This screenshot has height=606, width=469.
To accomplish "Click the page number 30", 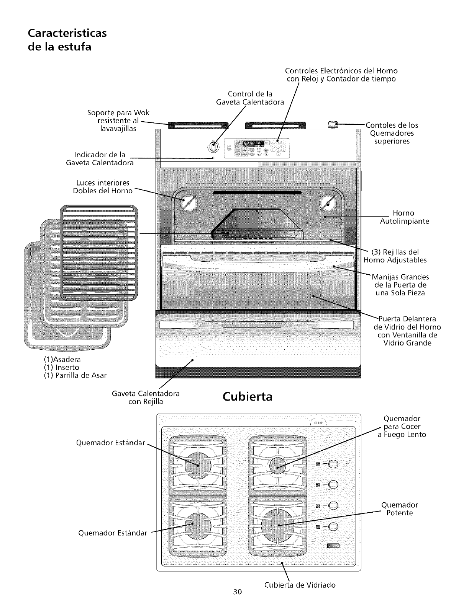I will coord(237,592).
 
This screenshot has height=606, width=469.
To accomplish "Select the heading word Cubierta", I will coord(248,397).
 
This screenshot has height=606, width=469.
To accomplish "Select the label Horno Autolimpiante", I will coord(404,217).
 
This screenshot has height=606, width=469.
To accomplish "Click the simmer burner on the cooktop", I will coord(278,466).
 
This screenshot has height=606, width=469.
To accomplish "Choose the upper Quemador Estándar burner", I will coord(197,466).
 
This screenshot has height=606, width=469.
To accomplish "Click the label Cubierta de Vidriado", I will coord(300,585).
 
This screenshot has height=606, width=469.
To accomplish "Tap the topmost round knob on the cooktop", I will coord(333,464).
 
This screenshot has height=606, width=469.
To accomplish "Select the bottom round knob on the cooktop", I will coord(333,527).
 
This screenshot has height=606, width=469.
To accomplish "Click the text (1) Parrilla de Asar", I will coord(75,375).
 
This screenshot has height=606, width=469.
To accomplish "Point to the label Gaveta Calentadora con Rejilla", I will coord(146,397).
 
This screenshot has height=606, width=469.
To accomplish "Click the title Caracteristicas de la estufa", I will coord(67,40).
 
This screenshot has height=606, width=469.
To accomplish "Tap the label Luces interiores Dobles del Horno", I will coord(103,186).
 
